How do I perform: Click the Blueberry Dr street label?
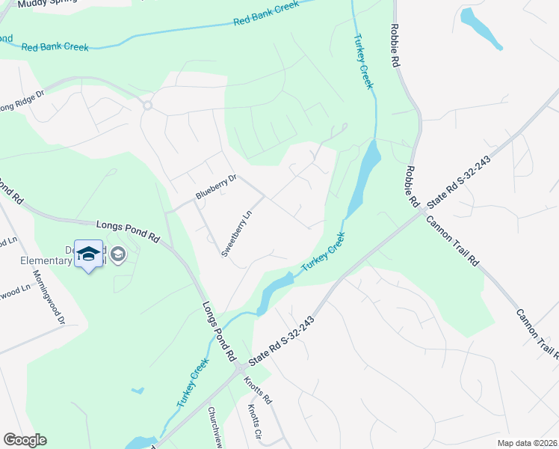[216, 186]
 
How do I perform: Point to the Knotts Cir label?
[256, 422]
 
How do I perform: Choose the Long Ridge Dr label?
[21, 102]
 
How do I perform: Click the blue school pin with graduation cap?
[89, 254]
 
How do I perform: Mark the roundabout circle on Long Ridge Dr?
[147, 106]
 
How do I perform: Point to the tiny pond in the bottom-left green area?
[137, 391]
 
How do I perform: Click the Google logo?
[25, 440]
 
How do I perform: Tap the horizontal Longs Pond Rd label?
[129, 230]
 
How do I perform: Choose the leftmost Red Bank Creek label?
[55, 46]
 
